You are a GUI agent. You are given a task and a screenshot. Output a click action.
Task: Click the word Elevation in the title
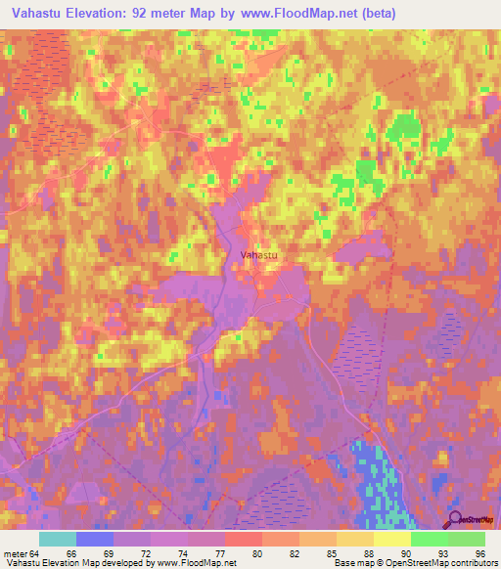click(x=113, y=14)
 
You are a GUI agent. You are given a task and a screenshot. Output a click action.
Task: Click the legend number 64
click(x=37, y=553)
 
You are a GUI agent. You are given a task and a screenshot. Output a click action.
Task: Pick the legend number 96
click(x=479, y=553)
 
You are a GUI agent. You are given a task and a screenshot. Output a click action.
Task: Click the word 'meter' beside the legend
click(x=15, y=553)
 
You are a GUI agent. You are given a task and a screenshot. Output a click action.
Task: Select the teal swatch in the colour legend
click(x=58, y=539)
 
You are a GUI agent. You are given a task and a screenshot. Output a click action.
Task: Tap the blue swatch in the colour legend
click(x=95, y=539)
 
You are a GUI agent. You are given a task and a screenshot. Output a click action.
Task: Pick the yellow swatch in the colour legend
click(x=391, y=539)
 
